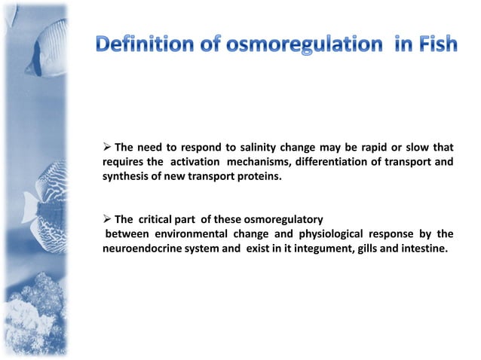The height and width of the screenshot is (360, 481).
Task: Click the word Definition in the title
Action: pos(141,45)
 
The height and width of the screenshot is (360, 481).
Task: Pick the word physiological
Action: pos(330,233)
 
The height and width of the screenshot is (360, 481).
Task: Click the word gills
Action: pos(367,249)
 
